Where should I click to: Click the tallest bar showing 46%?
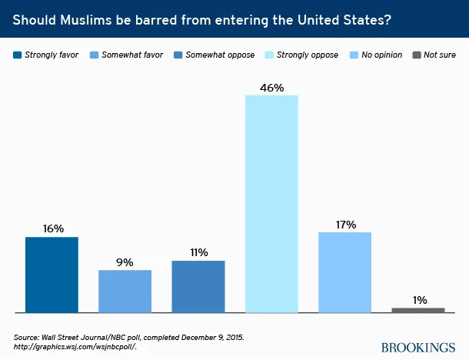tap(271, 204)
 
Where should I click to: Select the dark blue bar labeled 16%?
tap(52, 275)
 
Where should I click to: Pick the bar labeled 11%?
tap(198, 286)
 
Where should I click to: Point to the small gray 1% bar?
tap(417, 310)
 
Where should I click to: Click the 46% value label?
tap(271, 88)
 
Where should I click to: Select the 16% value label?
tap(52, 228)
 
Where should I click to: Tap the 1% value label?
tap(418, 299)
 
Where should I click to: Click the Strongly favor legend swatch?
tap(18, 55)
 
